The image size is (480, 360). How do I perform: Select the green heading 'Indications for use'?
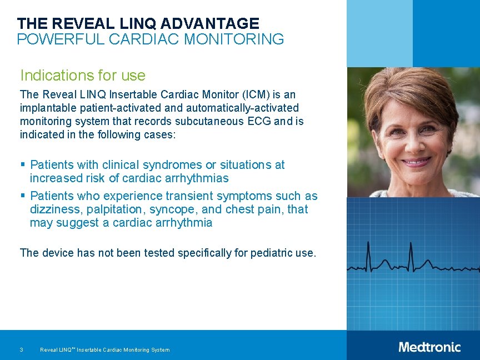pyautogui.click(x=83, y=76)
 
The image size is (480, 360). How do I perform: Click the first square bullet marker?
pyautogui.click(x=23, y=164)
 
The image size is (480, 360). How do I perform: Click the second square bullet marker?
pyautogui.click(x=23, y=196)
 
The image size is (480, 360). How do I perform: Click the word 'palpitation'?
pyautogui.click(x=117, y=209)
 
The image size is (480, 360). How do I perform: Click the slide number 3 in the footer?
pyautogui.click(x=21, y=349)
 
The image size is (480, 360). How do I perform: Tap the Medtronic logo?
pyautogui.click(x=429, y=347)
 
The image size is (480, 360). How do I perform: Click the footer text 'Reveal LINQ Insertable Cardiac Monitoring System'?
pyautogui.click(x=105, y=349)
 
